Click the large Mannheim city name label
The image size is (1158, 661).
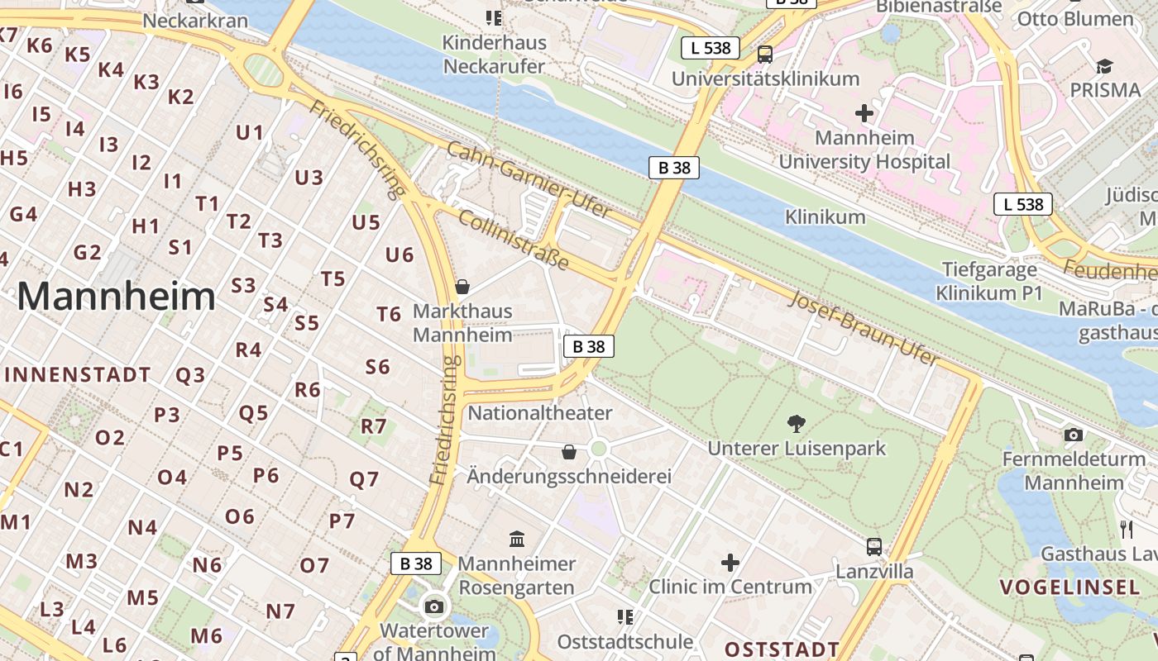click(116, 297)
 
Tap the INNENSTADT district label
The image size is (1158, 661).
click(77, 375)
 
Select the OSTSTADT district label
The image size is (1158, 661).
click(782, 649)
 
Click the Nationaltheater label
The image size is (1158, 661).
click(540, 413)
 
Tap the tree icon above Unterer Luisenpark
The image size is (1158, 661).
click(797, 425)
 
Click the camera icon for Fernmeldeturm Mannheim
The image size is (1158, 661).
click(1073, 435)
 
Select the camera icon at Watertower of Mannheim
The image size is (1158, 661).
click(433, 607)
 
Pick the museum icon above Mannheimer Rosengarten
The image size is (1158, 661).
click(517, 540)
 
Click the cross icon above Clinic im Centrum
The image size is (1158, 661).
click(730, 563)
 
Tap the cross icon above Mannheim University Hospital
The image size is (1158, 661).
click(864, 113)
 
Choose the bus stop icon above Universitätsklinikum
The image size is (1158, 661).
click(765, 55)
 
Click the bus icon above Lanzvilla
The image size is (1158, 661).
click(873, 546)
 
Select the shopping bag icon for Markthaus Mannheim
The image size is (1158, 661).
click(462, 287)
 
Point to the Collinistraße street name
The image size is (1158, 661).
click(513, 240)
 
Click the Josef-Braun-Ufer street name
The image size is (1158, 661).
click(864, 328)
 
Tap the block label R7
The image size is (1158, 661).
click(374, 426)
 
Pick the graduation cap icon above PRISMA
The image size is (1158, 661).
click(1104, 66)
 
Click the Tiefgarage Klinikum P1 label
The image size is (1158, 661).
click(989, 281)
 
